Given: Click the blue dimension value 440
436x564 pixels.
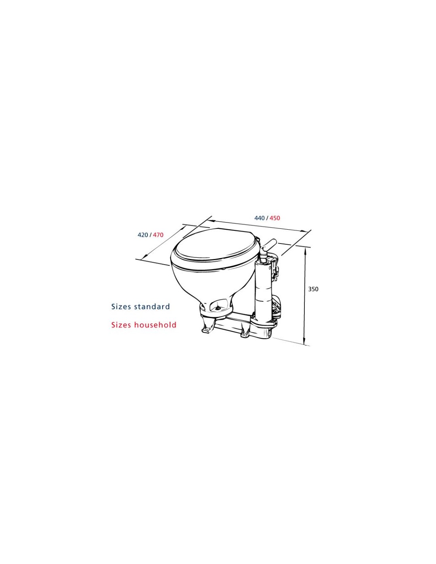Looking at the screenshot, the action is click(259, 218).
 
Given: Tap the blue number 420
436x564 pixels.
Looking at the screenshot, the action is click(143, 235).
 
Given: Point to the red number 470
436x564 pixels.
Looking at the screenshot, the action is click(158, 235).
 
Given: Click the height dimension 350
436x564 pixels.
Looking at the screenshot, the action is click(313, 289).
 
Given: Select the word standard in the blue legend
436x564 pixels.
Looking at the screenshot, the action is click(152, 307).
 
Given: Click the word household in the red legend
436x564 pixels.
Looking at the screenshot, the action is click(155, 325).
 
